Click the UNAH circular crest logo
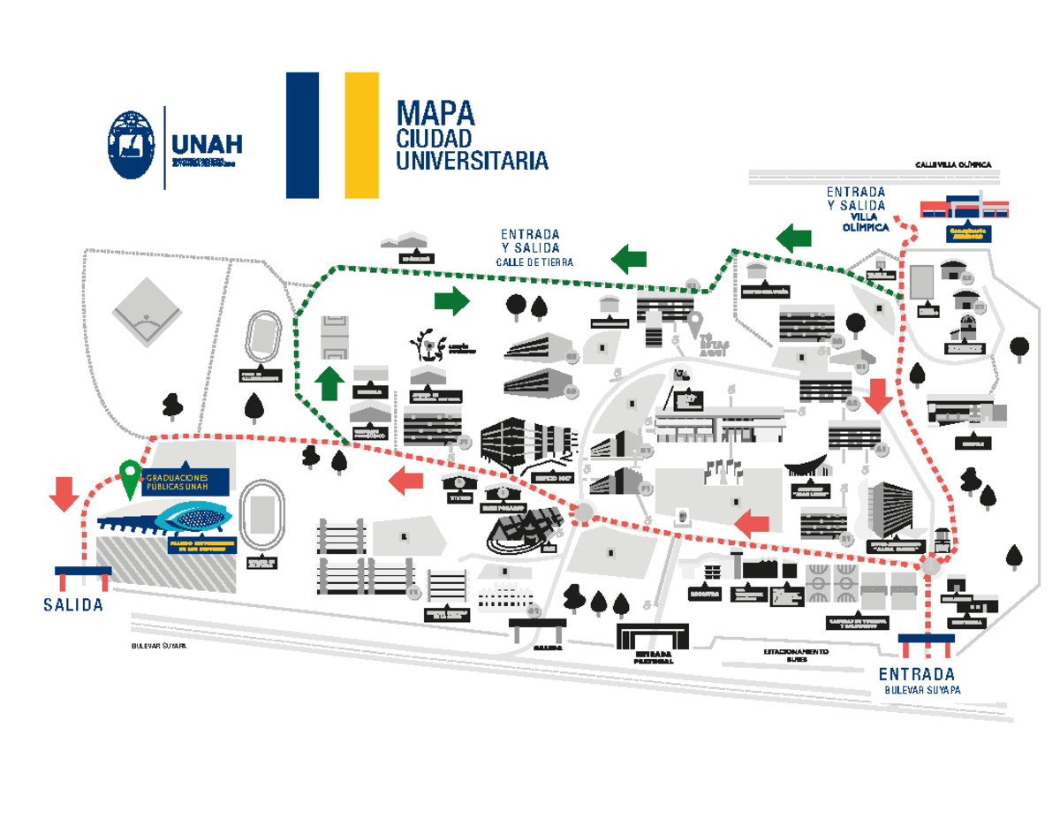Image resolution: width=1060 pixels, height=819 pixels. (133, 147)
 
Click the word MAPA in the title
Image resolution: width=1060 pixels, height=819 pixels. (435, 113)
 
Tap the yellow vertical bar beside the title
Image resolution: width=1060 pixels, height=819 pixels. (361, 135)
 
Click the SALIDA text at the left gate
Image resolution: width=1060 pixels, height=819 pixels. (73, 605)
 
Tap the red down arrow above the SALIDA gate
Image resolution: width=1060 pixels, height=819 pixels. (64, 493)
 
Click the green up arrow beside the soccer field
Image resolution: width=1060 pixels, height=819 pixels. (329, 383)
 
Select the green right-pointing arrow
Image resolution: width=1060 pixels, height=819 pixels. (451, 300)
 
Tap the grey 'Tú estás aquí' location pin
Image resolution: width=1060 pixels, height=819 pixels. (696, 322)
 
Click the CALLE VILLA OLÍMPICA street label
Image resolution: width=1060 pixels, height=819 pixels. (953, 165)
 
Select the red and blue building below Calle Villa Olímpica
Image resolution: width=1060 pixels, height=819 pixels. (965, 209)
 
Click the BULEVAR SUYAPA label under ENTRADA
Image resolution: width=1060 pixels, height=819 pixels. (922, 690)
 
